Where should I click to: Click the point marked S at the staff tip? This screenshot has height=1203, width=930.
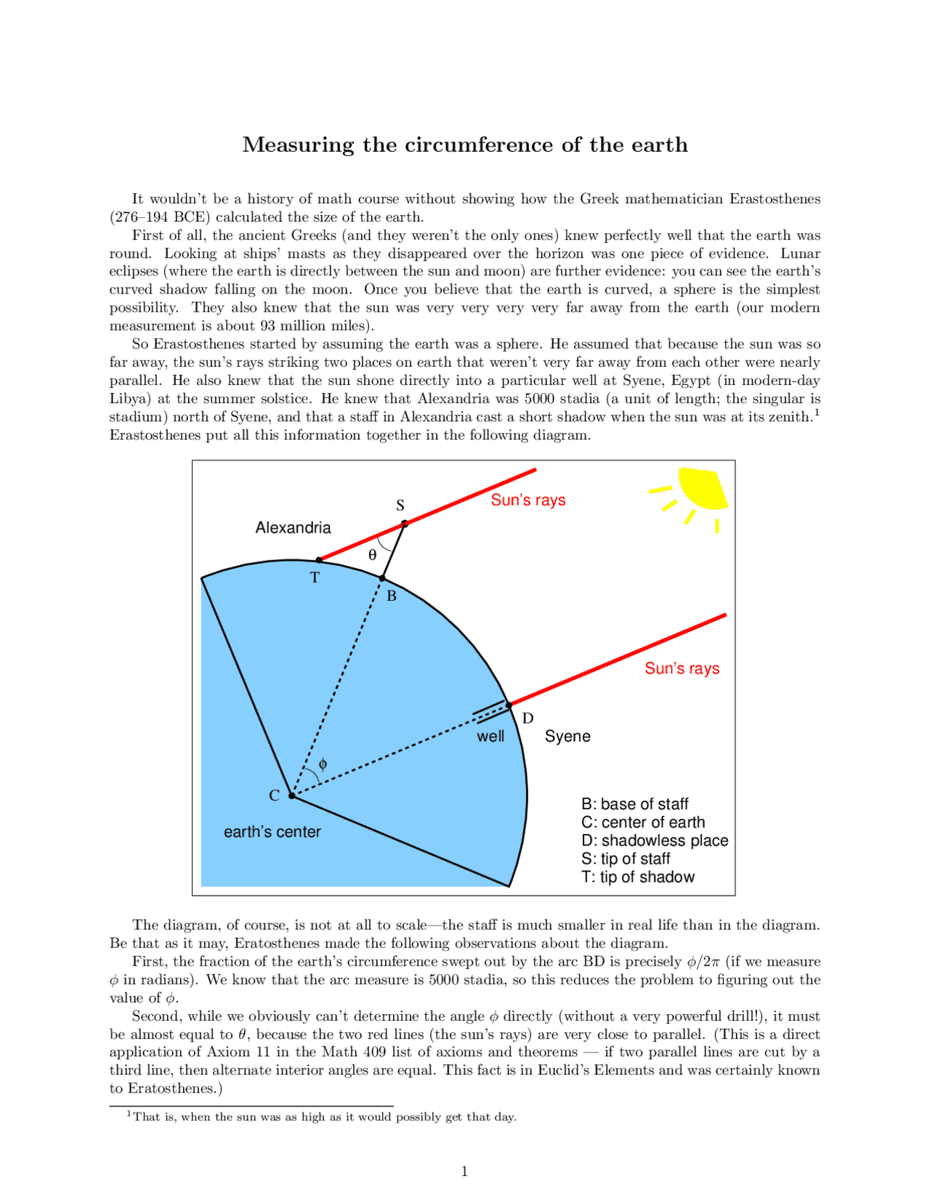[405, 523]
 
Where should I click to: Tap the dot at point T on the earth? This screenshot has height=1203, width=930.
[319, 560]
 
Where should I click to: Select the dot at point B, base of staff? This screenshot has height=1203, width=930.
[382, 578]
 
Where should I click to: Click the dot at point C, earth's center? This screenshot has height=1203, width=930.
[292, 795]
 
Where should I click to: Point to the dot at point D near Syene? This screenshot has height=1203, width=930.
[509, 705]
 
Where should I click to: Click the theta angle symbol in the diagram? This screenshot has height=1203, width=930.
[373, 555]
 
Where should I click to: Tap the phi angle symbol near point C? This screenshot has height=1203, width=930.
[323, 763]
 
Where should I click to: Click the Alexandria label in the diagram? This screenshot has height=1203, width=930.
[293, 528]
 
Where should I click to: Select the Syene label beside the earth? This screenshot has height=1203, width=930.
[567, 737]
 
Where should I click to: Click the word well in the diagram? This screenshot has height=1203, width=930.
[490, 737]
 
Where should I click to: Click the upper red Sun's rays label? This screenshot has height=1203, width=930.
[528, 501]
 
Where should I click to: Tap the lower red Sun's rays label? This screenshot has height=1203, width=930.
[682, 669]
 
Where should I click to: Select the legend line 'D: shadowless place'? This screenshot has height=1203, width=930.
[655, 841]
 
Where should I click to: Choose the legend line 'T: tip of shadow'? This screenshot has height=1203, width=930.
[638, 877]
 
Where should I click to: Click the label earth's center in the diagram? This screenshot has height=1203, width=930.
[272, 832]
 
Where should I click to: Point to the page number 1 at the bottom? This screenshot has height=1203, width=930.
[465, 1171]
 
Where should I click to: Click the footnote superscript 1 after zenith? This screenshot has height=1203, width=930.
[817, 412]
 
